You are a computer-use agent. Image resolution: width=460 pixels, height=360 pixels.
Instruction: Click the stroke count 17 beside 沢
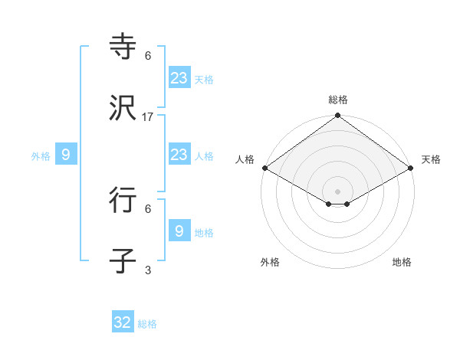pos(148,117)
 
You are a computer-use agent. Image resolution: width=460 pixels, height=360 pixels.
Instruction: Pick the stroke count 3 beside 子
pos(148,270)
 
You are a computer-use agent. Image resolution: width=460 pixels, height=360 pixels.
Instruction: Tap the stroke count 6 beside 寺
pos(148,56)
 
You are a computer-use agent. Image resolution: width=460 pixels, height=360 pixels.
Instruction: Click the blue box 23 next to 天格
pos(179,77)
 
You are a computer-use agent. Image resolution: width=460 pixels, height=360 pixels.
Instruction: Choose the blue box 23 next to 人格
pos(179,155)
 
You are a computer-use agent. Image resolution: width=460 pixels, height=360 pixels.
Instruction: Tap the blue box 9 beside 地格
pos(179,231)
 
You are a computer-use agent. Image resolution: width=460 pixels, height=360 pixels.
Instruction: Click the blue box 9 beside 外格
pos(66,155)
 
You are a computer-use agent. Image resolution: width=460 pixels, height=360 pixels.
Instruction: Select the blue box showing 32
pos(123,322)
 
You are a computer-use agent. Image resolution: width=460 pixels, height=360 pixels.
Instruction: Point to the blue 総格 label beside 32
pos(147,324)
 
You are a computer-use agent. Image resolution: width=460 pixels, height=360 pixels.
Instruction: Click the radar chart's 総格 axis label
pos(338,100)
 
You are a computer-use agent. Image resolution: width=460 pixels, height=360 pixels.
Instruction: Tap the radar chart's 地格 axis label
pos(402,262)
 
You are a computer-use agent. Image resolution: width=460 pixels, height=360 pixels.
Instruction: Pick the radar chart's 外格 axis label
pos(270,262)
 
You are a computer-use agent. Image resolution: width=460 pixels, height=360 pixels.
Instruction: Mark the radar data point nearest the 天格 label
pos(412,168)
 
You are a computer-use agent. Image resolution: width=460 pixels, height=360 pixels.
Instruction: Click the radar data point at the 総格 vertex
pos(338,116)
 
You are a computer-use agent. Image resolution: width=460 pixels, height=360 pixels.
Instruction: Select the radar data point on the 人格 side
pos(264,168)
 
